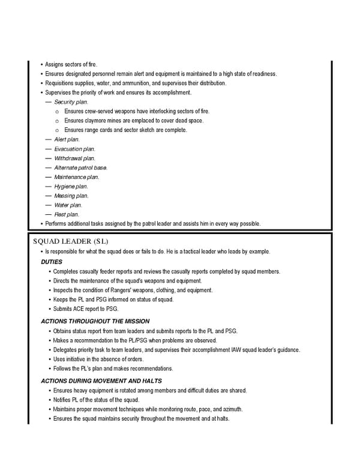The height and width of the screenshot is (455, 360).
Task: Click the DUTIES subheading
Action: [52, 262]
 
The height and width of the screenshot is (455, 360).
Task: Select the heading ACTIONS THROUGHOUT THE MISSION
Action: [95, 321]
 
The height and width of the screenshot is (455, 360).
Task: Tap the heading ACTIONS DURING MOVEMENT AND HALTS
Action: [101, 381]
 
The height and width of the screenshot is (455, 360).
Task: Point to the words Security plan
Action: [71, 102]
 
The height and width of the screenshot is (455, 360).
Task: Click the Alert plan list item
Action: [67, 139]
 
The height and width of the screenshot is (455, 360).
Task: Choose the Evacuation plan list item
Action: [74, 149]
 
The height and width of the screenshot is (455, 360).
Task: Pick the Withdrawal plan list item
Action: [74, 158]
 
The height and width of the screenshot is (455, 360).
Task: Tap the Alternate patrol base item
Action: [80, 167]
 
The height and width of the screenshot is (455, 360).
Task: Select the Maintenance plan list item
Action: [76, 177]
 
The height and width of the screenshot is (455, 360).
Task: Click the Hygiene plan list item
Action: [71, 187]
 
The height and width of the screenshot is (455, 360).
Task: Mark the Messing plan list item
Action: [71, 196]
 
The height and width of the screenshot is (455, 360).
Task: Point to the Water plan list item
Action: [68, 205]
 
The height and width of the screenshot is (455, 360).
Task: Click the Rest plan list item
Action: [66, 214]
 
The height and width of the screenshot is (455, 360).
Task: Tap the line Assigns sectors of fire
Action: [71, 64]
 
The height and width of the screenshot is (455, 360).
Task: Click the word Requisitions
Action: [61, 83]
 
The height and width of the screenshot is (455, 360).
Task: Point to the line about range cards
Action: [125, 130]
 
